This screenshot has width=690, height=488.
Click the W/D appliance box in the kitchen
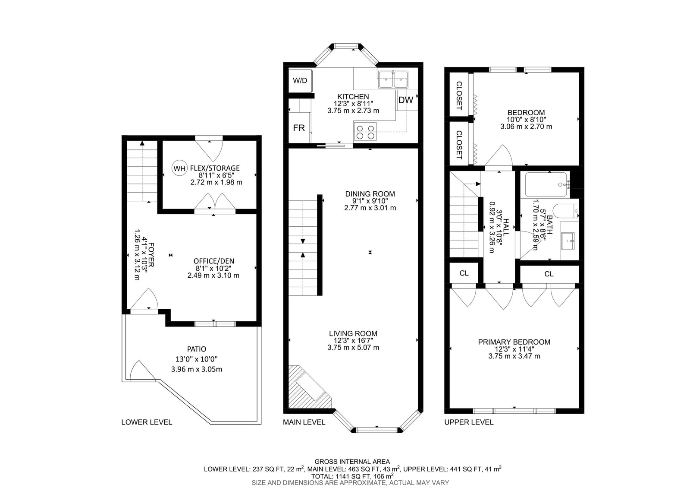(300, 81)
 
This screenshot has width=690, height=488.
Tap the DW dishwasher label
(405, 100)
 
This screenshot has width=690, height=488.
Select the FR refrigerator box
(299, 128)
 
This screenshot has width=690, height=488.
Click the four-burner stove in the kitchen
(365, 132)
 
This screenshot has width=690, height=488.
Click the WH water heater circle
(179, 168)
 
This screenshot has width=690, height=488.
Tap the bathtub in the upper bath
(546, 185)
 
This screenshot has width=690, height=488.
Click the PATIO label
(197, 349)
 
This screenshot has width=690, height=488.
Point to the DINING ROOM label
(370, 194)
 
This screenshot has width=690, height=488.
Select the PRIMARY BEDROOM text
(514, 342)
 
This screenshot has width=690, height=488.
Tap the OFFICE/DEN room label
(214, 261)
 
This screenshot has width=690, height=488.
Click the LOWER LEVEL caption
(147, 422)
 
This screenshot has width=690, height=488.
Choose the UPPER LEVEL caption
(469, 422)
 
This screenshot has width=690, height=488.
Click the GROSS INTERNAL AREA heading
(352, 462)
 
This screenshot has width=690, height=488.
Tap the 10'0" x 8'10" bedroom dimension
(526, 120)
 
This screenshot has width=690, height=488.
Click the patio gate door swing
(140, 371)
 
